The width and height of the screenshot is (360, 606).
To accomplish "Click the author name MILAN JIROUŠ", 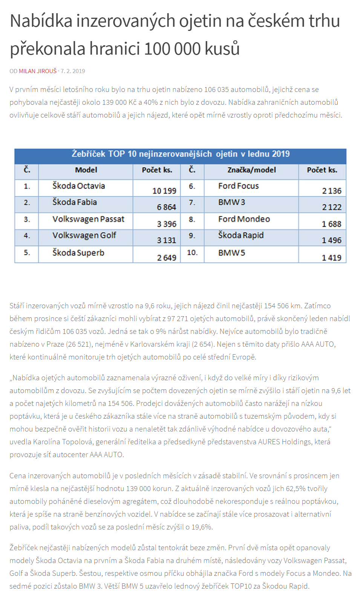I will point(38,71).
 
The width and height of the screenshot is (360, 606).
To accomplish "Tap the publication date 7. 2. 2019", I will point(73,71).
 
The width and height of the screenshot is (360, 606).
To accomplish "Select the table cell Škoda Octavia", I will point(78,186).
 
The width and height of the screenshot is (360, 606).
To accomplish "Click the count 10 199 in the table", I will point(164,191).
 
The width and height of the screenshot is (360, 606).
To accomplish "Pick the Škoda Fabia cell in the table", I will point(74,202).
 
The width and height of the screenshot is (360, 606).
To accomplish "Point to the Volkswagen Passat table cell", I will point(88,219).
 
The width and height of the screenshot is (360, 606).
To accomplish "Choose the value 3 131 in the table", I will point(166,240).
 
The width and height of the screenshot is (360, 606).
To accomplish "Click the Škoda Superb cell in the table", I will point(78,253).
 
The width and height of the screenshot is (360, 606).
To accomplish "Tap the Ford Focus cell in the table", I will point(238,186).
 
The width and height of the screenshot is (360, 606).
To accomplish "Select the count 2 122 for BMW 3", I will point(331,207).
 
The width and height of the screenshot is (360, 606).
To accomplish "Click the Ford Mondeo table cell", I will point(244,219).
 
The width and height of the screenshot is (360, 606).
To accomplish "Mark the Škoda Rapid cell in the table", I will point(241,236).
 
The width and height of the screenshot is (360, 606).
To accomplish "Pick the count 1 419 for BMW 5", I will point(331,258).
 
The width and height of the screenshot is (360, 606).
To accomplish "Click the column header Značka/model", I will point(251,170).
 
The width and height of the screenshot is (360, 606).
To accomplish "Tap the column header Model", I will point(86,170).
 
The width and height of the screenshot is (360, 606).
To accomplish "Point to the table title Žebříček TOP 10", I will point(181,154).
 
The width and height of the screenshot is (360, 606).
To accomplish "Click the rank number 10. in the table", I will point(192,253).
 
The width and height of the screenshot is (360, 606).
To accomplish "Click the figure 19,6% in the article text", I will point(202,527).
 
